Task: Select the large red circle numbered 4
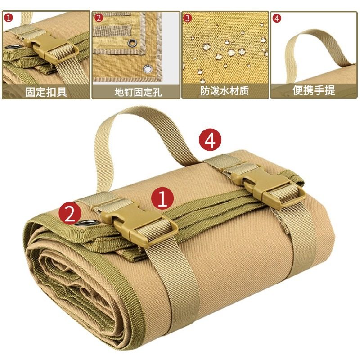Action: (x=210, y=141)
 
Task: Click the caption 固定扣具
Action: (x=46, y=92)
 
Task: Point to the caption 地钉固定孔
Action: (x=135, y=92)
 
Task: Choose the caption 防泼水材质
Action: (x=225, y=92)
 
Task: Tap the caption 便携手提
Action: (x=314, y=91)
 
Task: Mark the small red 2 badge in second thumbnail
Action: (x=99, y=18)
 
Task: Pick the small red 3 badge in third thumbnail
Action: (x=188, y=18)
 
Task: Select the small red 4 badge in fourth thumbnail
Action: (x=277, y=18)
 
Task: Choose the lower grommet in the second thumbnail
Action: (x=147, y=69)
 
